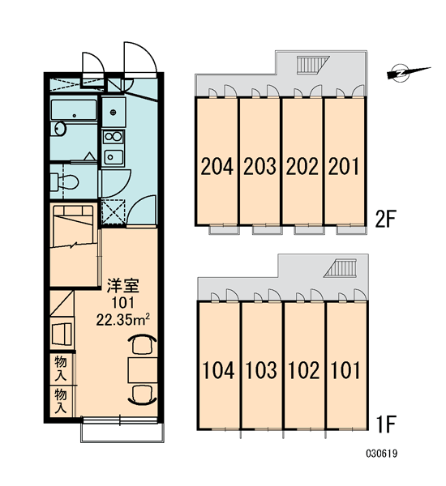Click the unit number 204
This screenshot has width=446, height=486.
[217, 166]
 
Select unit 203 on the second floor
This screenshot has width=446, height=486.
[259, 166]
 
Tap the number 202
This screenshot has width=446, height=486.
[302, 166]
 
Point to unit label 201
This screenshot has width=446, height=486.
[344, 166]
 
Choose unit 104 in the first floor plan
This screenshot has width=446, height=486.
[218, 370]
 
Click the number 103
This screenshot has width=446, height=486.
[261, 370]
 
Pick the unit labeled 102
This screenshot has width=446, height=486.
[304, 370]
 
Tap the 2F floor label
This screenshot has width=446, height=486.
[385, 219]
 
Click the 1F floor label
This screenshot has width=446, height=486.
[385, 424]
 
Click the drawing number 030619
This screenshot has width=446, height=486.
[381, 454]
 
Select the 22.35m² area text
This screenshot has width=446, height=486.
[123, 320]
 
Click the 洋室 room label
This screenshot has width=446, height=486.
[123, 286]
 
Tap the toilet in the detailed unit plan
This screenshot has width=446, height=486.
[64, 182]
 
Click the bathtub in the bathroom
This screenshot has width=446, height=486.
[74, 109]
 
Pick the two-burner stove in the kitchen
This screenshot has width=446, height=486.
[113, 136]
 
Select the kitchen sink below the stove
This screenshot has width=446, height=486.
[114, 157]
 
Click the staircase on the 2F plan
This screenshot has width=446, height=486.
[312, 65]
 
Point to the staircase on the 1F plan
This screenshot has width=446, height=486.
[340, 268]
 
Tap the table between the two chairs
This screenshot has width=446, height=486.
[143, 370]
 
